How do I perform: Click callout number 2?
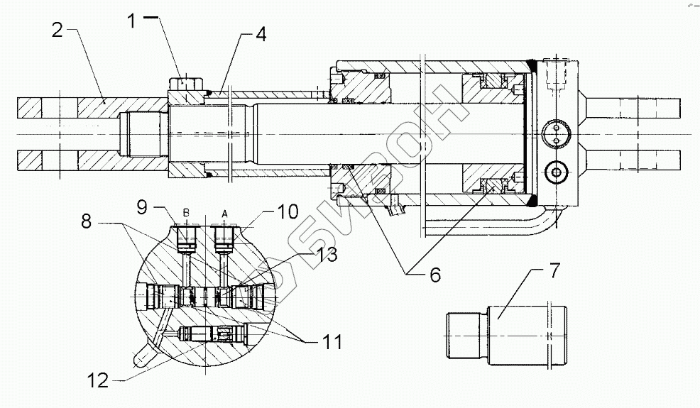pyautogui.click(x=58, y=30)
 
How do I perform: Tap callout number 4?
pyautogui.click(x=261, y=34)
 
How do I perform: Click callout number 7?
pyautogui.click(x=554, y=270)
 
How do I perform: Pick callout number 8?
pyautogui.click(x=86, y=221)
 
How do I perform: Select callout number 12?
pyautogui.click(x=97, y=381)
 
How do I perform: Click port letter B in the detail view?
pyautogui.click(x=187, y=212)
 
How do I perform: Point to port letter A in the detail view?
pyautogui.click(x=224, y=212)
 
